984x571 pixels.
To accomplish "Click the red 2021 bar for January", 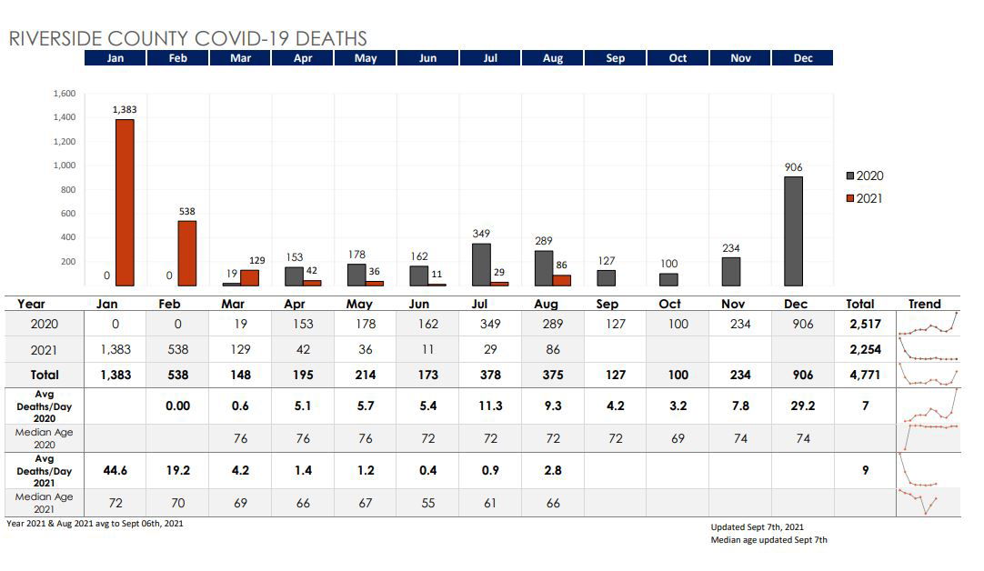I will click(x=125, y=203).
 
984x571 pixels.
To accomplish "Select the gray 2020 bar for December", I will click(x=794, y=231).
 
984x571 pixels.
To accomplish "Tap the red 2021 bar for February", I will click(x=186, y=254).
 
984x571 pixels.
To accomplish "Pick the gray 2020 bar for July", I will click(x=481, y=265).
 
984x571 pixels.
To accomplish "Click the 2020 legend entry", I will click(x=865, y=176).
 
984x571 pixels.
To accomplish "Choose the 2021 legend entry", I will click(x=865, y=198).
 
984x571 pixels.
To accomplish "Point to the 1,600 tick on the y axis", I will click(x=64, y=94).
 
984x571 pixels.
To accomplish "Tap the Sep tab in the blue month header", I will click(x=615, y=58).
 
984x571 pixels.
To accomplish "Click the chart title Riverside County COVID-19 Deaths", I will click(x=187, y=38).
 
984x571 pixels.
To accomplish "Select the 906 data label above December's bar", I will click(x=794, y=168).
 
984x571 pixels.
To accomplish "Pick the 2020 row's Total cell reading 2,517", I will click(x=859, y=325).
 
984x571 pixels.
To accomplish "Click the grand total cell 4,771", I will click(x=859, y=375).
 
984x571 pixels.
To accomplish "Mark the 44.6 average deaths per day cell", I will click(x=115, y=471).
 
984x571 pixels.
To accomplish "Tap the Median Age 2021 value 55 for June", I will click(x=427, y=503).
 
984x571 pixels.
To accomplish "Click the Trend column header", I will click(x=924, y=304).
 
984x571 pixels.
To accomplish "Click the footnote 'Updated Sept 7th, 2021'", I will click(x=757, y=527).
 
